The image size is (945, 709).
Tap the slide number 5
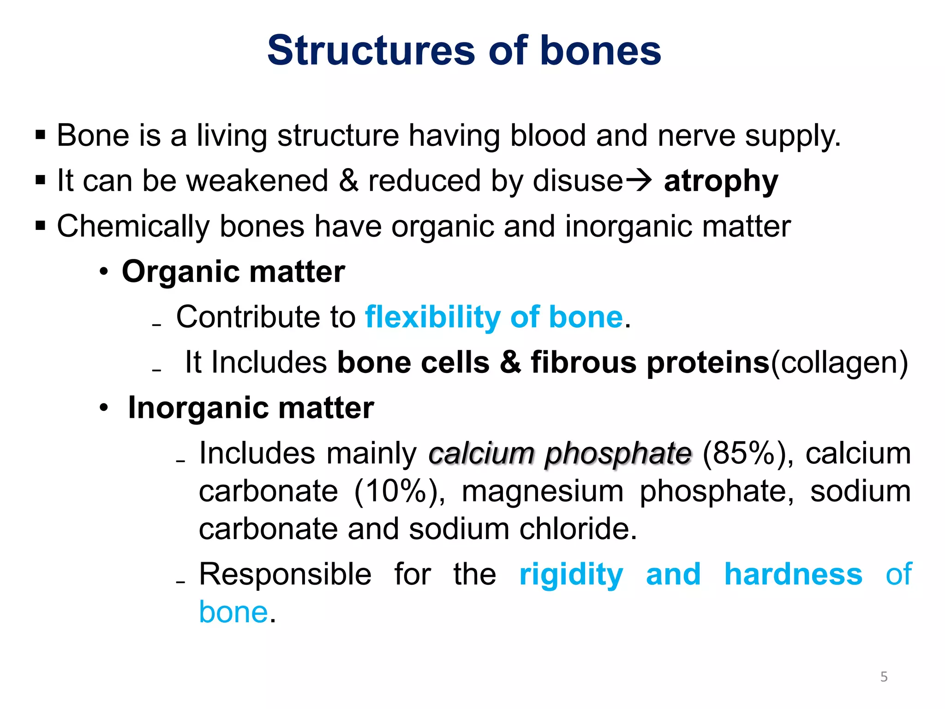(x=884, y=677)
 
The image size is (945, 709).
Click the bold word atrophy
(x=721, y=181)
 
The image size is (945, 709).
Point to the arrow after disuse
(x=638, y=180)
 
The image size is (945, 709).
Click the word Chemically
(x=133, y=227)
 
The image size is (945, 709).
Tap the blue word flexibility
(x=432, y=317)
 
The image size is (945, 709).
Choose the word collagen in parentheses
(x=839, y=362)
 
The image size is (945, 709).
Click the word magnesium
(x=543, y=491)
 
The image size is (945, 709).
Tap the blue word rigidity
(x=571, y=575)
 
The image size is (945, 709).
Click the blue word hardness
(x=793, y=574)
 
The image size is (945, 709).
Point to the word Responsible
(x=285, y=574)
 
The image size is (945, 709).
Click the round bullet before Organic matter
(x=104, y=271)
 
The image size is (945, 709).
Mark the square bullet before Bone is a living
(x=41, y=136)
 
